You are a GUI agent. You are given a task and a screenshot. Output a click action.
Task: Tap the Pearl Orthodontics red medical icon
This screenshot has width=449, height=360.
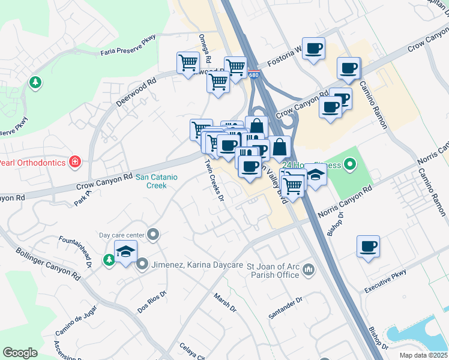[74, 162]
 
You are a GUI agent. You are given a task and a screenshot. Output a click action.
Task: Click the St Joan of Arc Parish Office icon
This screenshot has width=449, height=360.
[309, 269]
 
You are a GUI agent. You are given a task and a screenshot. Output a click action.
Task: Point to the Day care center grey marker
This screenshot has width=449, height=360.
[154, 235]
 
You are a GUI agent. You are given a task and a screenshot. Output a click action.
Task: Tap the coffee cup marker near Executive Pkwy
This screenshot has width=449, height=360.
[369, 245]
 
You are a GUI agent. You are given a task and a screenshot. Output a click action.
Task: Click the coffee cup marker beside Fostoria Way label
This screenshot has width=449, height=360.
[313, 48]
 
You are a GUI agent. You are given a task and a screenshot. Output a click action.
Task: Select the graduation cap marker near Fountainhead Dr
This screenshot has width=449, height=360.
[125, 252]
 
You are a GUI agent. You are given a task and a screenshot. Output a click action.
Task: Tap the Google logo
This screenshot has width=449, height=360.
[20, 353]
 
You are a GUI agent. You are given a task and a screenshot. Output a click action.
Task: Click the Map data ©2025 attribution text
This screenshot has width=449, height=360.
[423, 355]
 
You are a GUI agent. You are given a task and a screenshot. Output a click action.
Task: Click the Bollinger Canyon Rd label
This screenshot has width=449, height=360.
[48, 265]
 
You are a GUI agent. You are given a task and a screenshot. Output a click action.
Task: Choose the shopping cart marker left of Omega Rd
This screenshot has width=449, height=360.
[188, 62]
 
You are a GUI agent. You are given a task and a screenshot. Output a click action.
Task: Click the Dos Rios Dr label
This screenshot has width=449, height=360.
[151, 301]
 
